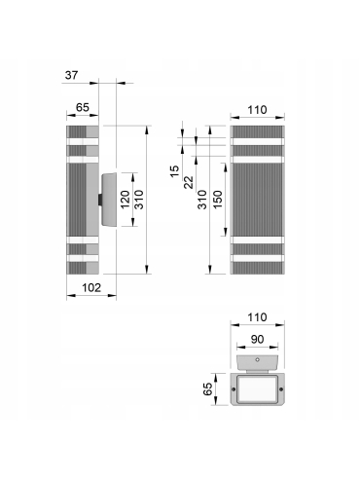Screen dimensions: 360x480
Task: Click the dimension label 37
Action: (71, 75)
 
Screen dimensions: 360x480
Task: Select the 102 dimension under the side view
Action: (91, 287)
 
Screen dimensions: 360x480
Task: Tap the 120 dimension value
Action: (126, 200)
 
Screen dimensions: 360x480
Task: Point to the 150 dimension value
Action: (218, 200)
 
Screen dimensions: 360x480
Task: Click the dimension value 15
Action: (175, 171)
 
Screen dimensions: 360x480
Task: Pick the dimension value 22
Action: (189, 182)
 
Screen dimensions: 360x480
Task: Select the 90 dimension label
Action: (257, 339)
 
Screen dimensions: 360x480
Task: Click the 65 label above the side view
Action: (83, 107)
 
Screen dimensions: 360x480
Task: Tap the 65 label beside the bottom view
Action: (207, 388)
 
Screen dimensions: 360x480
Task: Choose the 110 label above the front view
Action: (257, 110)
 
